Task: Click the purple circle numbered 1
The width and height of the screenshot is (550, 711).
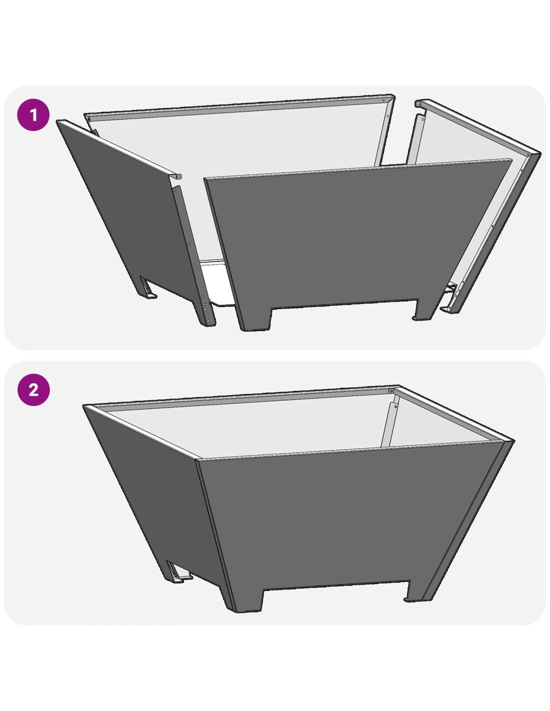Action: [33, 115]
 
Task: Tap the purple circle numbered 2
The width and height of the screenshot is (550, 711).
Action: [33, 389]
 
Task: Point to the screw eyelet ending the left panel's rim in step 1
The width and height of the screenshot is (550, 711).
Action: [179, 176]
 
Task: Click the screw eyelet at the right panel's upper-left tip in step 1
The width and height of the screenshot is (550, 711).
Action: [418, 103]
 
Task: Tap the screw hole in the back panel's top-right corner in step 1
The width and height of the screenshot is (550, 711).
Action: [383, 100]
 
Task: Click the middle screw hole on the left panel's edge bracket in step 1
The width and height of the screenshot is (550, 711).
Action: [188, 243]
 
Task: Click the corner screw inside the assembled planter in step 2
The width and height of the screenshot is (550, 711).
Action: [390, 391]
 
